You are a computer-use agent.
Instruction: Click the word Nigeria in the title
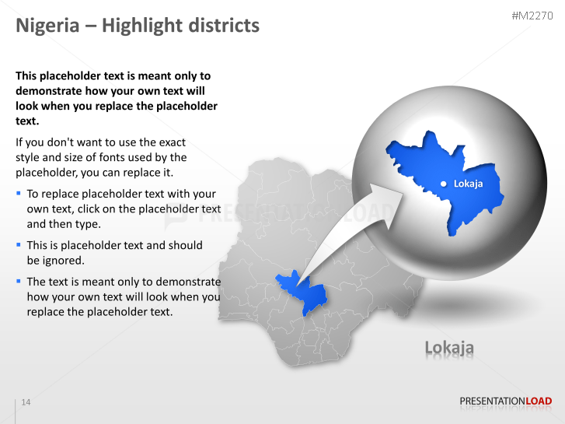coord(47,26)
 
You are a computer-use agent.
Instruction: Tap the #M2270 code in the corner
coord(532,16)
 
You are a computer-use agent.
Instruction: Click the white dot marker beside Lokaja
coord(443,184)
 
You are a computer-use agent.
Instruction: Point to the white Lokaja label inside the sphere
coord(468,184)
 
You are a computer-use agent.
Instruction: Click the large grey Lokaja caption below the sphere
coord(449,348)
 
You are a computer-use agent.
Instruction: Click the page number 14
coord(26,402)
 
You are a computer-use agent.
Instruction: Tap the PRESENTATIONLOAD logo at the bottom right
coord(505,401)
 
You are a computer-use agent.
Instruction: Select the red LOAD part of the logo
coord(539,401)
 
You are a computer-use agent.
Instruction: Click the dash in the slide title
coord(90,26)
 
